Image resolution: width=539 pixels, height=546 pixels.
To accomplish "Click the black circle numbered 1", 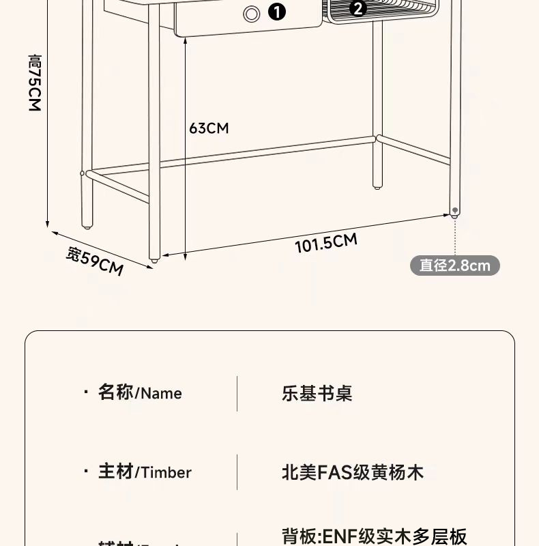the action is point(276,12).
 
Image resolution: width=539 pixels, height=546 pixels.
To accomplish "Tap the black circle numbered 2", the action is point(358,8).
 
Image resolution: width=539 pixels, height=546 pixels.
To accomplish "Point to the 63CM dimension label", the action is point(209,128).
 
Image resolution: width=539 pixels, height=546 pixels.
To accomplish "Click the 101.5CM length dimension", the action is point(326,242).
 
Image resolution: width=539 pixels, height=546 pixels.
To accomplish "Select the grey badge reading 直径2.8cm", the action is point(454,265).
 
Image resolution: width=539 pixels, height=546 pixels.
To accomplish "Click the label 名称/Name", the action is point(140,393).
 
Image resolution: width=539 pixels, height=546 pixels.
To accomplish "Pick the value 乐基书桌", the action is point(317,394).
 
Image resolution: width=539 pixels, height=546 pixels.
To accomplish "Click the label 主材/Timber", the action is point(145,472).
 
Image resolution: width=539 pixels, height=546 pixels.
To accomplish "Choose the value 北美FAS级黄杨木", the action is point(353,472).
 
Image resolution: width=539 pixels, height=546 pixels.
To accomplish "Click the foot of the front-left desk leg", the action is point(155,259).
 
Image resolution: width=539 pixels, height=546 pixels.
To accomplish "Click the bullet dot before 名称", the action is point(85,392).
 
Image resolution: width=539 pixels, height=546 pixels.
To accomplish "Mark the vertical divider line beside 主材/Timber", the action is point(237,472).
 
